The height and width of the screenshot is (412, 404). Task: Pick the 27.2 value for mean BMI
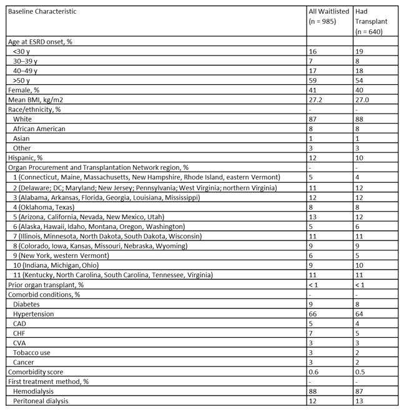coord(316,99)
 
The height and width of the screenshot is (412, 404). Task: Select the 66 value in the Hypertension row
coord(313,313)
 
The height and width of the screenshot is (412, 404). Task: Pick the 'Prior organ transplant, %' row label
coord(47,285)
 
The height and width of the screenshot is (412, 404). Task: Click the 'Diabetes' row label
coord(27,304)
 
